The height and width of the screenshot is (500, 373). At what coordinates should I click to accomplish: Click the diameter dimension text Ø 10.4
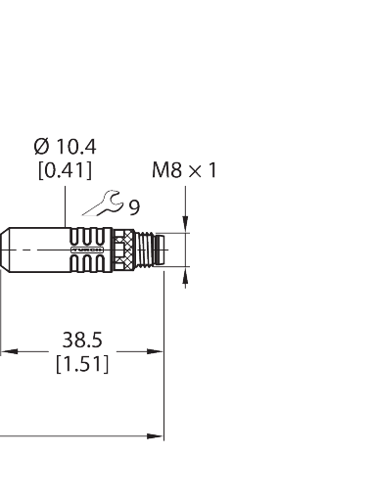(64, 148)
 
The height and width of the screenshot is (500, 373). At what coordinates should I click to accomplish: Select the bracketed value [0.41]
(64, 170)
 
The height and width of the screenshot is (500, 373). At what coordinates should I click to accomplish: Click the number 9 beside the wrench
(134, 206)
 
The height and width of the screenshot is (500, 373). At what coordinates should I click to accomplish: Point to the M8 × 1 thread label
(183, 171)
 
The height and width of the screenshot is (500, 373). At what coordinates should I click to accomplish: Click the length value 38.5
(82, 341)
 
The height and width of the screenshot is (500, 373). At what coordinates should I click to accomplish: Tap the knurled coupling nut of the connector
(126, 250)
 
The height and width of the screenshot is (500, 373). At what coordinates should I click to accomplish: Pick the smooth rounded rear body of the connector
(29, 250)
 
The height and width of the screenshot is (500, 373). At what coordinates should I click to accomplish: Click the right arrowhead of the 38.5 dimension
(157, 350)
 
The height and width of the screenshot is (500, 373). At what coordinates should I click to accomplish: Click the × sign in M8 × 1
(194, 171)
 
